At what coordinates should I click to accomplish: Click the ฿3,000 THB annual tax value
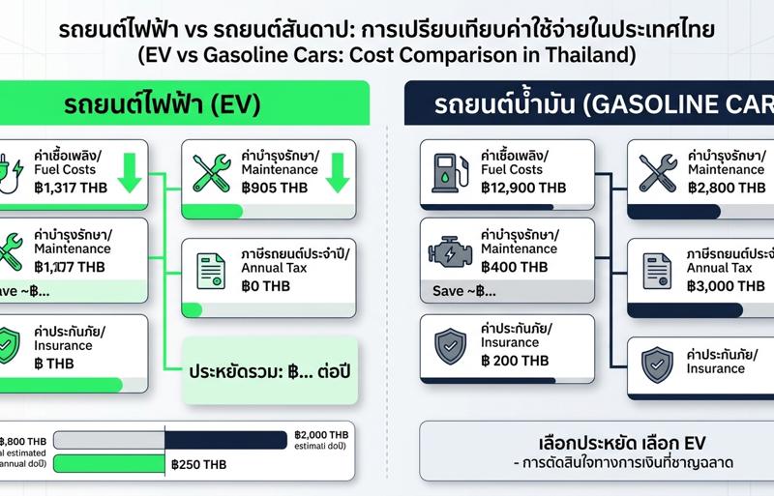click(x=726, y=285)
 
